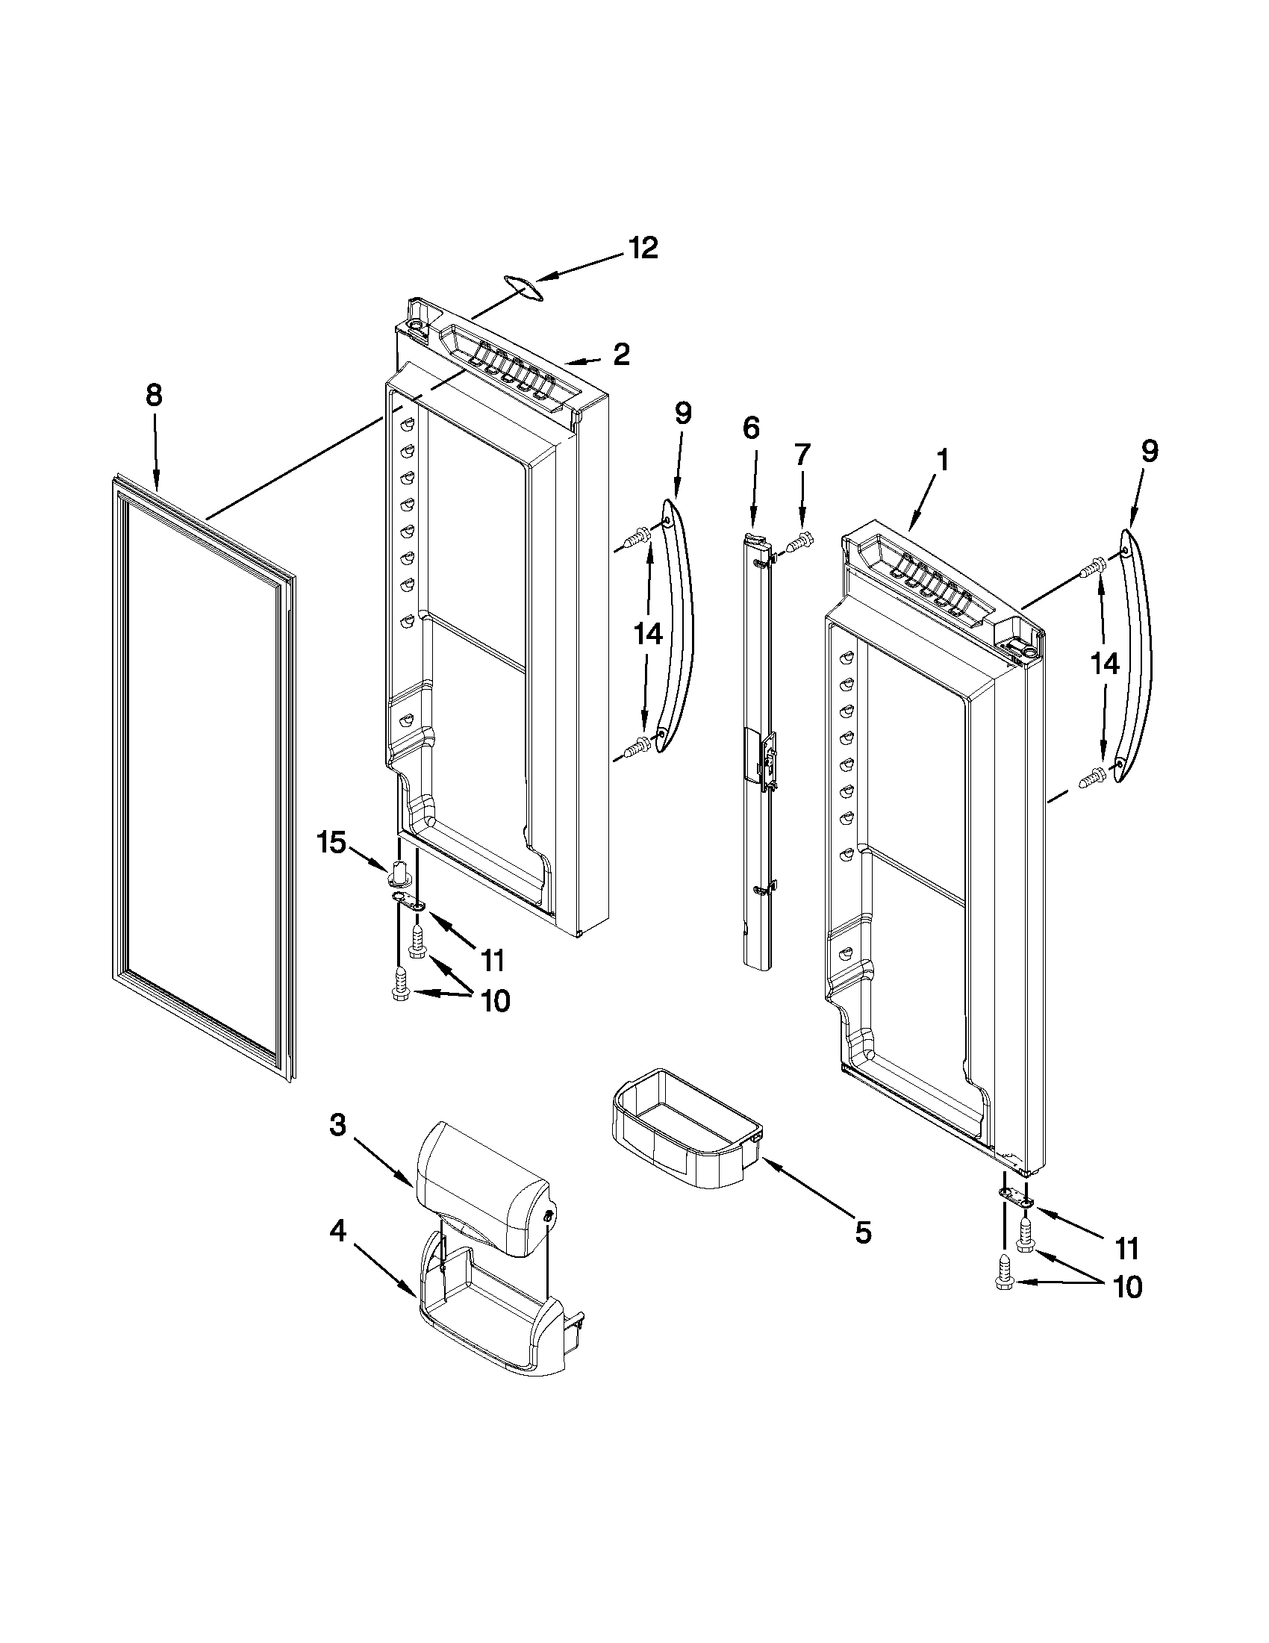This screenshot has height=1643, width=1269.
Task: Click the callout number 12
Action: point(643,249)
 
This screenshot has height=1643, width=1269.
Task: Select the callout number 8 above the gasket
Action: point(154,395)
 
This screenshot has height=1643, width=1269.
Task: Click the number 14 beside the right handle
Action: point(1105,663)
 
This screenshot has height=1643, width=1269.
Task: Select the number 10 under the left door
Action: point(493,1000)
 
